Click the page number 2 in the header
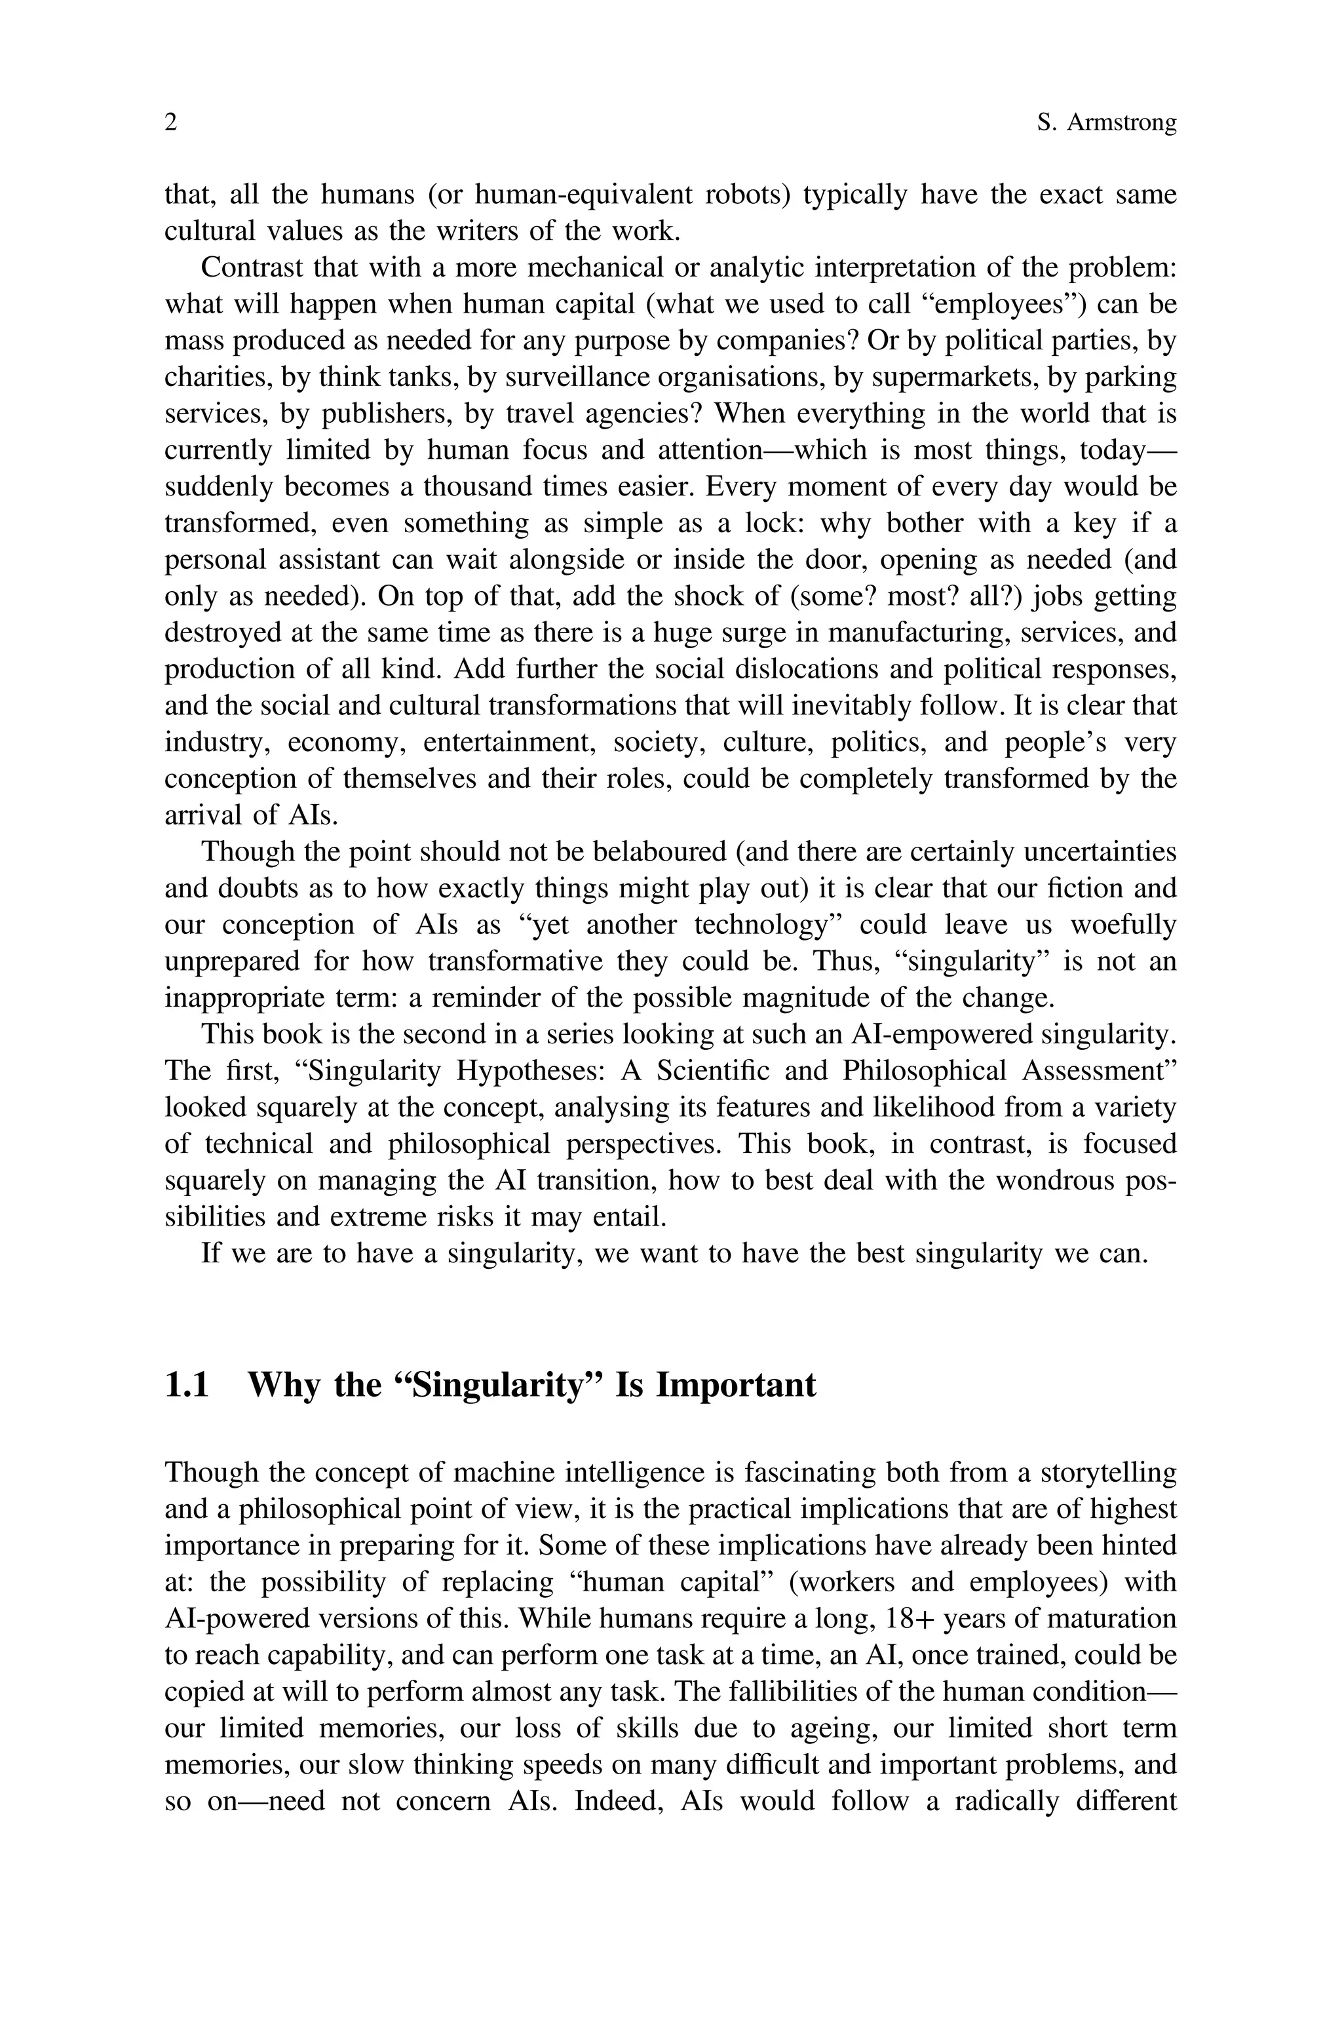coord(171,123)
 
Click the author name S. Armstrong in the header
coord(1106,123)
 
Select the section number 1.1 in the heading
coord(187,1385)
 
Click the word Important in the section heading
coord(735,1385)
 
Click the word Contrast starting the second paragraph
coord(252,268)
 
